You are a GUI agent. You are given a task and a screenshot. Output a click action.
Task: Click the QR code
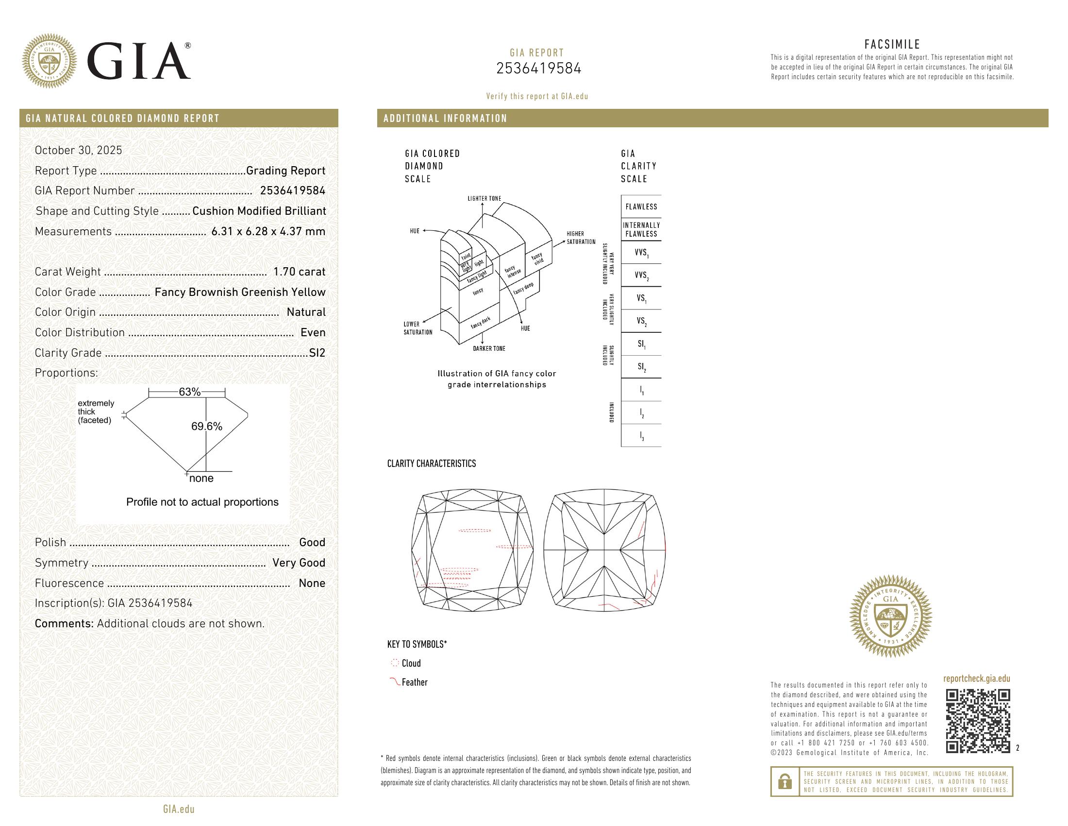click(x=978, y=721)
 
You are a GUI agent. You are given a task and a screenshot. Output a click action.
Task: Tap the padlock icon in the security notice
click(x=784, y=782)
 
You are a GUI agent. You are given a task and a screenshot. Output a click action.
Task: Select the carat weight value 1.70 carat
click(x=299, y=272)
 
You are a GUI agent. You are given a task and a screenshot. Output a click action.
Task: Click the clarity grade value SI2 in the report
click(x=317, y=353)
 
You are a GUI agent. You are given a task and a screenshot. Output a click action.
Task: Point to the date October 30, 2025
click(x=78, y=150)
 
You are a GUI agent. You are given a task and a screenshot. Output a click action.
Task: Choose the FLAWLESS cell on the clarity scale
click(x=641, y=207)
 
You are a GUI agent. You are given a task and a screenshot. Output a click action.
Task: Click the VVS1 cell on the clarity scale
click(x=641, y=253)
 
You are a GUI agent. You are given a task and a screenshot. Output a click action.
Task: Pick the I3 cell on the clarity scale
click(x=641, y=436)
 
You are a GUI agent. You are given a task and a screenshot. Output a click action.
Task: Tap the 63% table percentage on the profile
click(x=189, y=392)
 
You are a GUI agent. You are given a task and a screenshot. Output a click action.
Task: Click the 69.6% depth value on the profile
click(x=206, y=426)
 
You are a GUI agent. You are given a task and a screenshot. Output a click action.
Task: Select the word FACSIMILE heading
click(x=892, y=45)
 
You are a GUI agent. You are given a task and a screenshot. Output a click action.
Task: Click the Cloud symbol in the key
click(x=395, y=663)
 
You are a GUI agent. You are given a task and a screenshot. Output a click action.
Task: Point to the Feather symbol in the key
click(x=394, y=681)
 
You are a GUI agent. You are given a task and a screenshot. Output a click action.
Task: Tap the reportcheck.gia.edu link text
click(x=976, y=679)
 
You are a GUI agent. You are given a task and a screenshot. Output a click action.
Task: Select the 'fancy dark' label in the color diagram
click(x=480, y=323)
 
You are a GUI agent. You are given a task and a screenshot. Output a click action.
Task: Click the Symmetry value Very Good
click(x=299, y=563)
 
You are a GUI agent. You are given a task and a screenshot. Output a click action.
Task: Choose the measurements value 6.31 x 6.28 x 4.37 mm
click(x=268, y=231)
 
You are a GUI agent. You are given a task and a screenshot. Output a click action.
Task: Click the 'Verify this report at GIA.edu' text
click(x=537, y=96)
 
